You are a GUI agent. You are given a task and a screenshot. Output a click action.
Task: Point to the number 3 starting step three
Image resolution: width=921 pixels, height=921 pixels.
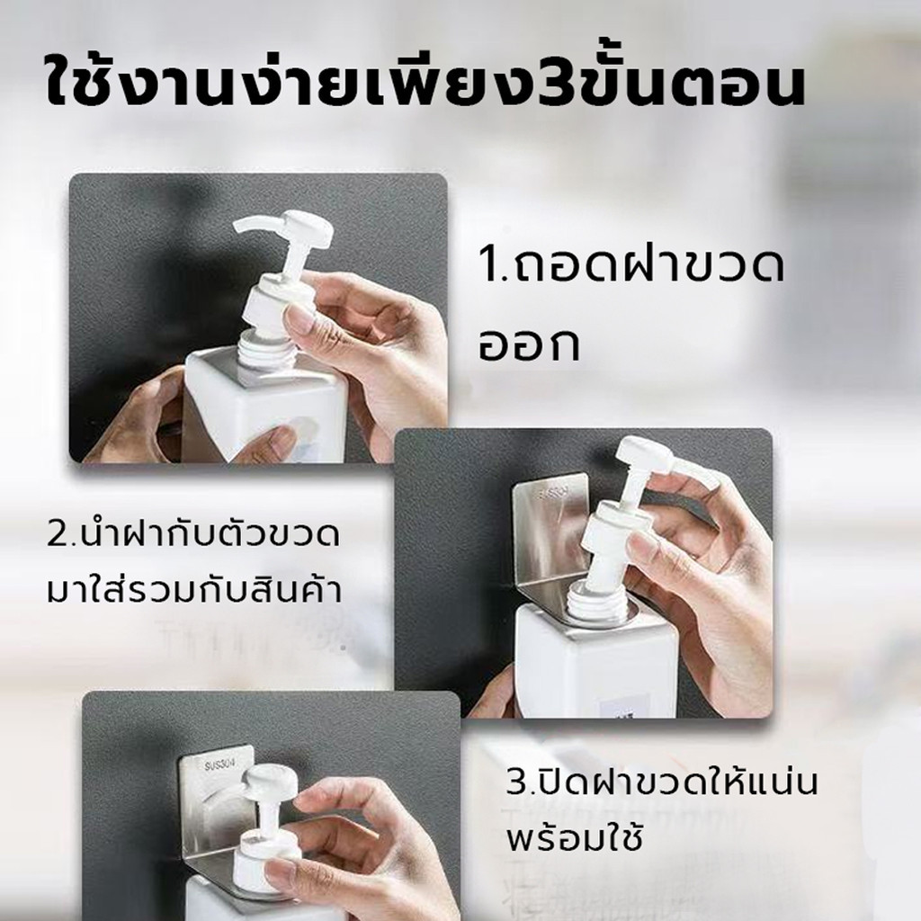(x=516, y=784)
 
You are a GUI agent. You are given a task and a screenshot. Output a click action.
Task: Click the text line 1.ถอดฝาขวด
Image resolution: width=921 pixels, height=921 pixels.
(x=630, y=269)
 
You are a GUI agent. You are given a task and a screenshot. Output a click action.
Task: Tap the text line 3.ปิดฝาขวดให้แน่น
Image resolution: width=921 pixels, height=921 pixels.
(x=661, y=784)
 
